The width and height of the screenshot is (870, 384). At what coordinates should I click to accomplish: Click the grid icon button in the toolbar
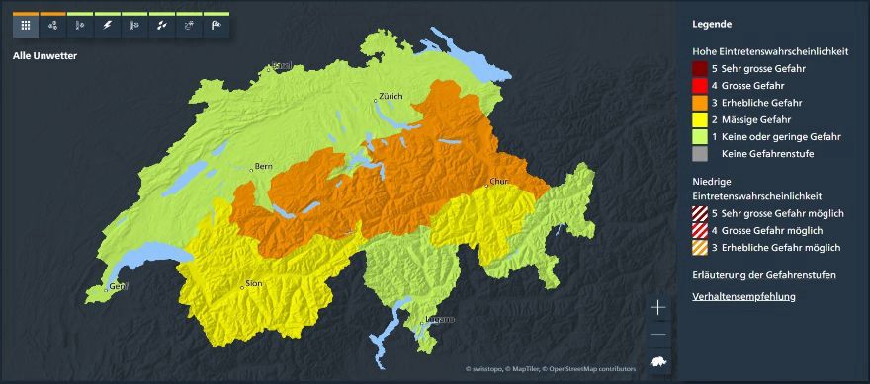click(25, 26)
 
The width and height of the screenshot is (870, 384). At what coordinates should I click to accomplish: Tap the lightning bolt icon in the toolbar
click(106, 26)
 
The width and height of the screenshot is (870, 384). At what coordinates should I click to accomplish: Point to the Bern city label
click(263, 167)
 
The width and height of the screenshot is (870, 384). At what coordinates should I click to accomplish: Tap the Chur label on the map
click(498, 182)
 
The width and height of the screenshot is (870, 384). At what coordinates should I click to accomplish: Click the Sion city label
click(254, 284)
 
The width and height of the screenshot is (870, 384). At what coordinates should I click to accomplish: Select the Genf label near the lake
click(119, 287)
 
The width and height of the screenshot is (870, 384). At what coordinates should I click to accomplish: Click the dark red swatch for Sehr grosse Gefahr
click(700, 69)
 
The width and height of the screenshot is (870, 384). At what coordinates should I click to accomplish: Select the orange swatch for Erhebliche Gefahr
click(700, 103)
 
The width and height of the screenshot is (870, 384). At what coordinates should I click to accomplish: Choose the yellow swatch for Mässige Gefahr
click(700, 119)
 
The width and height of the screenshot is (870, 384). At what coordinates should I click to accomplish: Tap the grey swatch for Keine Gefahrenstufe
click(700, 153)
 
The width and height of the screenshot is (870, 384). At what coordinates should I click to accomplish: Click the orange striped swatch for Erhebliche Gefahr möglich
click(700, 247)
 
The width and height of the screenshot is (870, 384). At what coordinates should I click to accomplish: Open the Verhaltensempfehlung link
click(743, 296)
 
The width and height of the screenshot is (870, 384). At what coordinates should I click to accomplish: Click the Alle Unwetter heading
click(44, 56)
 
